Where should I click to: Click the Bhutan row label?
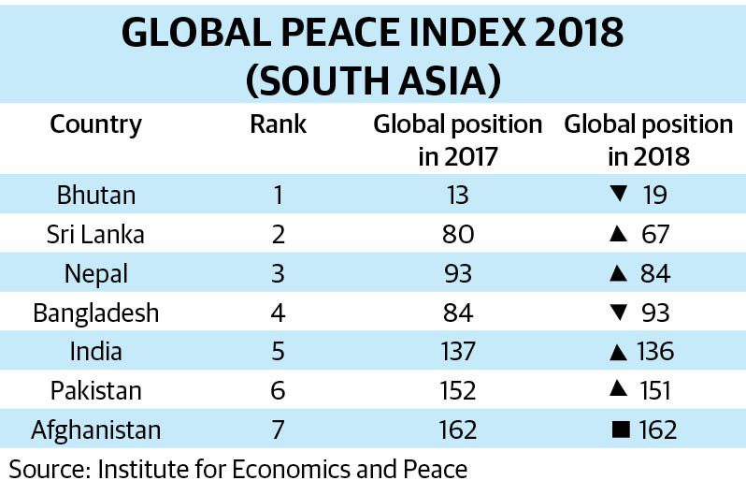point(96,195)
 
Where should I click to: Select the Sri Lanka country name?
point(95,234)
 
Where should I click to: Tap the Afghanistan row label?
point(96,429)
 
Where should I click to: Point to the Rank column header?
point(278,124)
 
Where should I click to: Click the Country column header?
point(95,124)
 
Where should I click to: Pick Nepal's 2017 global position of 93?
point(457,273)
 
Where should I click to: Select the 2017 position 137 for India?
point(457,352)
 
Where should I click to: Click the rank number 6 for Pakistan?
point(277,391)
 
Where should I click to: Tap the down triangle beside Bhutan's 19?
point(617,195)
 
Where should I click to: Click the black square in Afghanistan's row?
point(618,430)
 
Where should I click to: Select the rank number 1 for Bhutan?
point(277,195)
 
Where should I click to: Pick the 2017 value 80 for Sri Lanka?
point(457,234)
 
